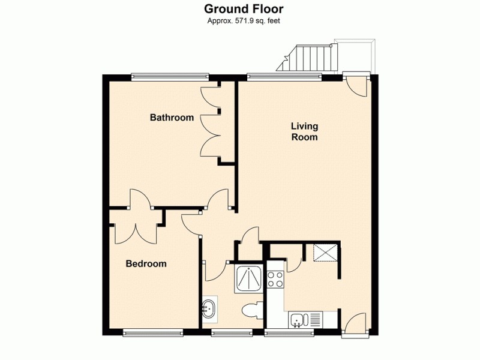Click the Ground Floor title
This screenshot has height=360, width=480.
point(243,9)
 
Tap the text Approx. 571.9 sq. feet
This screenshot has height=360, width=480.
point(243,21)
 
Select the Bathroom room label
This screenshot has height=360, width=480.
point(172,118)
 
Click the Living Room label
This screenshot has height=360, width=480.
point(304,131)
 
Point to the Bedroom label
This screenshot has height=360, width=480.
point(146,263)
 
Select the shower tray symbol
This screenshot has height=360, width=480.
point(248,278)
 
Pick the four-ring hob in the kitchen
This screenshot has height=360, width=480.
point(275,278)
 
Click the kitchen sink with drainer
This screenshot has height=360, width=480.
point(304,320)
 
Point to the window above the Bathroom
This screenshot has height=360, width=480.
point(170,76)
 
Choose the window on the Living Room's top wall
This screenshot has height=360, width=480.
point(284,76)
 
